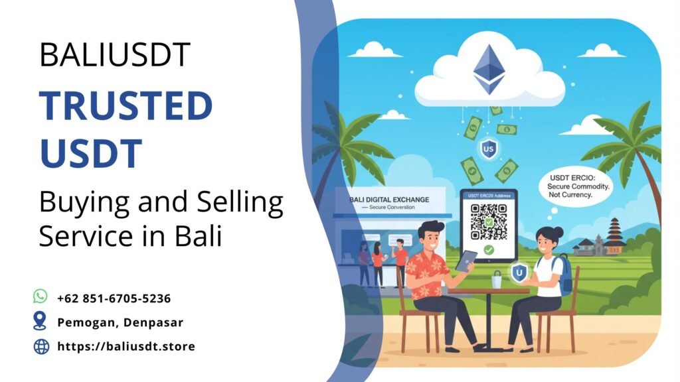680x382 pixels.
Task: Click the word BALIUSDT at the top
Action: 115,54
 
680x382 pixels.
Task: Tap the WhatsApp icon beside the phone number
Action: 41,296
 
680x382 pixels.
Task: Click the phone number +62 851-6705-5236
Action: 114,298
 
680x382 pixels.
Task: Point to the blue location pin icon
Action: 41,321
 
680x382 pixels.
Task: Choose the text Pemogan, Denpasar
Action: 120,322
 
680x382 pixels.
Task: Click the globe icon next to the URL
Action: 41,346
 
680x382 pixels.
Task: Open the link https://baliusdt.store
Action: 126,346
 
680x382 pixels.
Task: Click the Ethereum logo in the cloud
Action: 489,69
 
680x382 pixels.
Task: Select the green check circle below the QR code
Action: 489,251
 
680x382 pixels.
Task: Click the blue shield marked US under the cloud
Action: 490,147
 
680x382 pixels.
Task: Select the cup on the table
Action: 497,281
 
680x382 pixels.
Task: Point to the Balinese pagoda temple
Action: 614,235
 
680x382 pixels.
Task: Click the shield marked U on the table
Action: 519,272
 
